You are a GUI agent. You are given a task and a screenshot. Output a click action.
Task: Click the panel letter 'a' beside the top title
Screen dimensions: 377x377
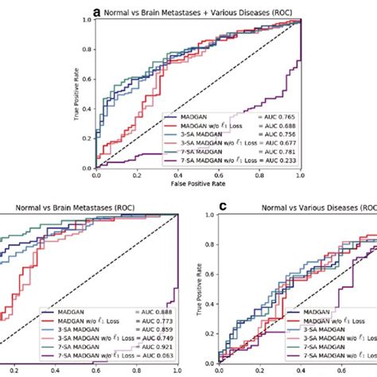97,12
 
